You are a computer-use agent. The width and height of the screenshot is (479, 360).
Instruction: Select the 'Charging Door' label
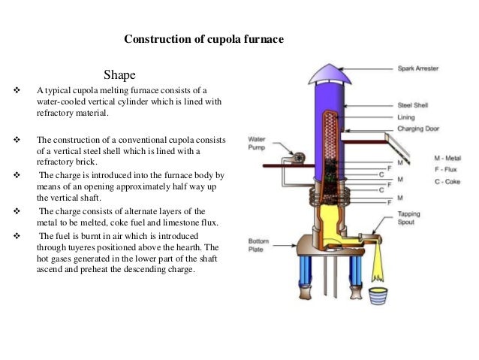pyautogui.click(x=417, y=129)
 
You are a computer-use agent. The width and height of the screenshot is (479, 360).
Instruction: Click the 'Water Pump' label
pyautogui.click(x=256, y=143)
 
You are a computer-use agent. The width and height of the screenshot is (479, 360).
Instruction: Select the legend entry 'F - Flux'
pyautogui.click(x=446, y=170)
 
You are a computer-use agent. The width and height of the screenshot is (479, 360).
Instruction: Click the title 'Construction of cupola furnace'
pyautogui.click(x=203, y=38)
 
